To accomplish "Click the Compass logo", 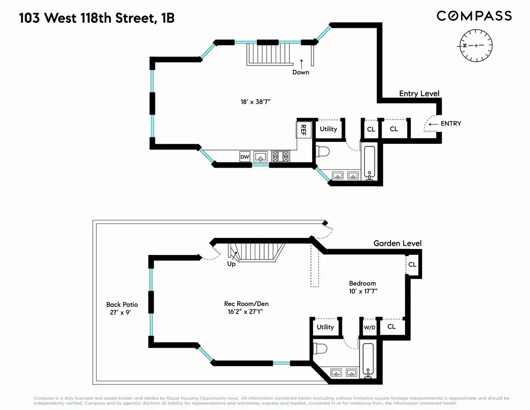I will click(474, 16).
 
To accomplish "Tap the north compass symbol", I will click(477, 46).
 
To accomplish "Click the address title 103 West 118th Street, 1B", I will click(99, 19).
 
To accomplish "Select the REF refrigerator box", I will click(303, 130).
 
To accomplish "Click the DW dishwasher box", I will click(245, 157).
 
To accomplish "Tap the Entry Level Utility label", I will click(328, 129).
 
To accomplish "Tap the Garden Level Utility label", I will click(325, 327).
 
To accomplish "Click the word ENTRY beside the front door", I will click(450, 123).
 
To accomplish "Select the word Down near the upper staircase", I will click(301, 72).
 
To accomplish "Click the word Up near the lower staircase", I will click(231, 264).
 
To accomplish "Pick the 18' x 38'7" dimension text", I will click(253, 102).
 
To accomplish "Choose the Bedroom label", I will click(362, 283).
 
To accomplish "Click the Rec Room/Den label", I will click(246, 304).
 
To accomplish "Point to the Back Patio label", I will click(122, 305).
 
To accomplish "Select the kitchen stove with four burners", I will click(280, 157).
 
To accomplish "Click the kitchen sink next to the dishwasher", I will click(262, 157).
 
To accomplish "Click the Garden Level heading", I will click(397, 243).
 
